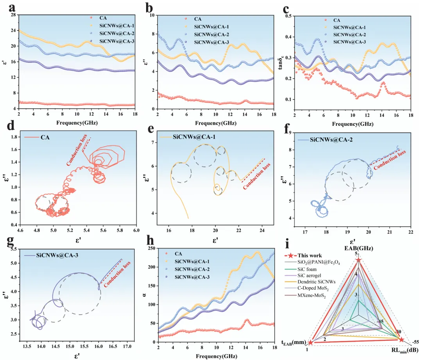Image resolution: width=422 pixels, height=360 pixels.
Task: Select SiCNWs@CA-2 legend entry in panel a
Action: [x=112, y=33]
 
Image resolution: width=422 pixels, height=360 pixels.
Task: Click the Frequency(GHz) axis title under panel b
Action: [x=216, y=123]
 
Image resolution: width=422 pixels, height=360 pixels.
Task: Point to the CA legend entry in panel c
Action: [x=333, y=20]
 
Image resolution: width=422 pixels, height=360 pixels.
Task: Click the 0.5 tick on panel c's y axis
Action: [x=288, y=16]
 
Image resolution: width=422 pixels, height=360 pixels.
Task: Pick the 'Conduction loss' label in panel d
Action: [x=77, y=149]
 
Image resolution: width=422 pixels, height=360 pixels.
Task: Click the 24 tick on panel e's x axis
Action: [x=262, y=230]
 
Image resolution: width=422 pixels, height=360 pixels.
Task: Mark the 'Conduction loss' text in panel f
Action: [x=390, y=160]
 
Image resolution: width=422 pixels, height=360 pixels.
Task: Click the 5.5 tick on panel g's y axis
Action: [x=13, y=249]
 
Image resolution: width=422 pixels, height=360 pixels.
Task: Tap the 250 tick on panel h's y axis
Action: [x=152, y=248]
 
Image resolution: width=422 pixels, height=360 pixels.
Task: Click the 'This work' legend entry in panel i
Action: [x=303, y=256]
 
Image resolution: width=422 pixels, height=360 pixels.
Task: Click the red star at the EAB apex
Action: [x=358, y=260]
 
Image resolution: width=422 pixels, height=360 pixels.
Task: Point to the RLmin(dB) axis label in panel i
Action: [x=405, y=350]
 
